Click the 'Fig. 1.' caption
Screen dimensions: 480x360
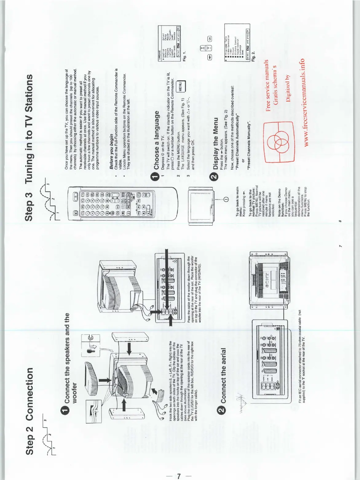(x=184, y=54)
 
